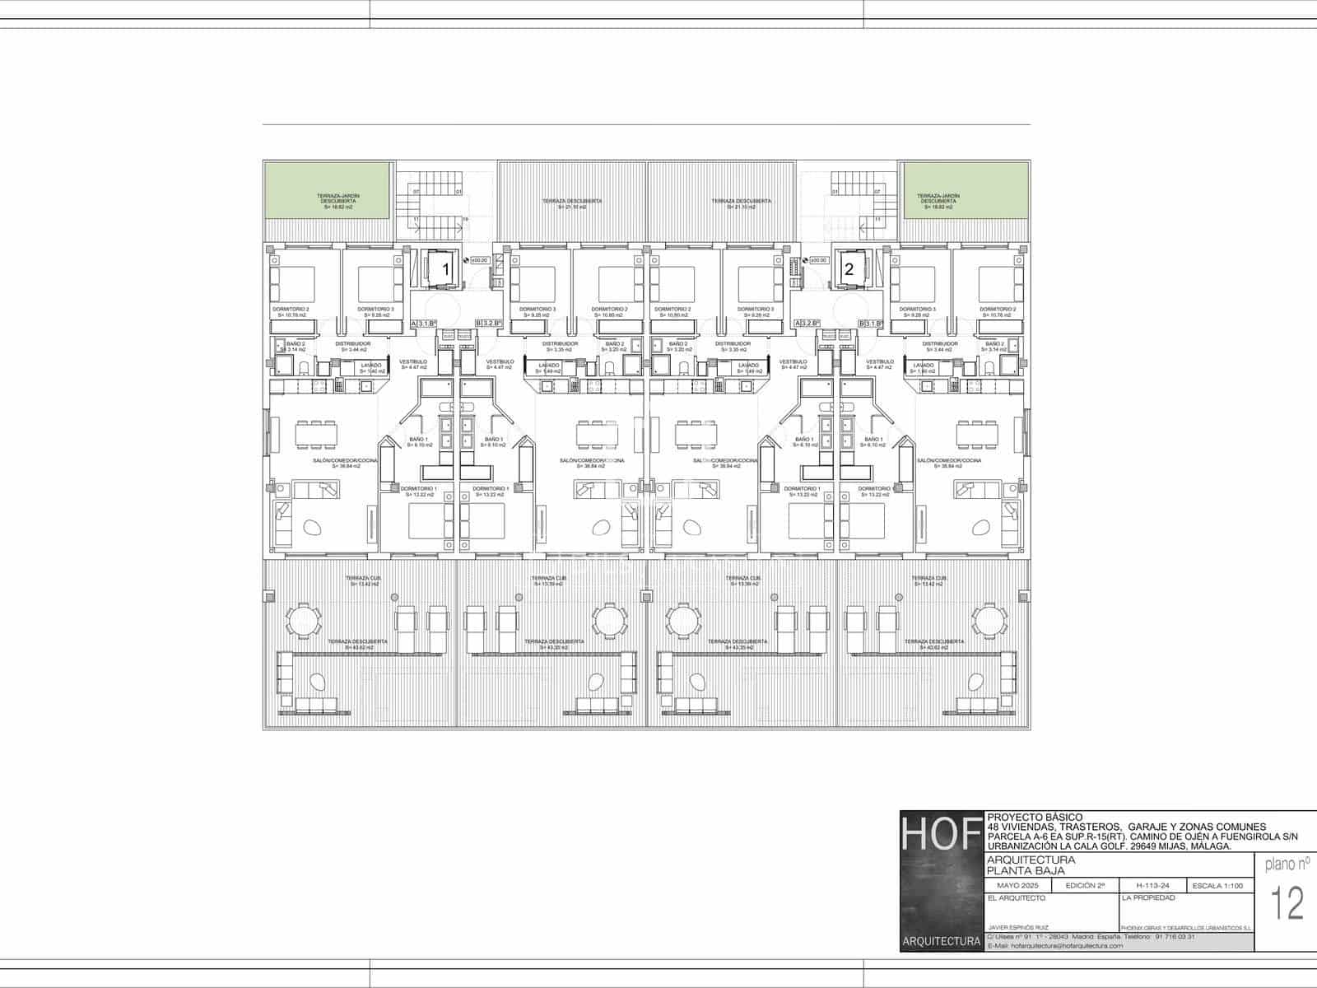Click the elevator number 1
coord(446,268)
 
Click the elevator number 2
coord(849,268)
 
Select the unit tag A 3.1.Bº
coord(424,324)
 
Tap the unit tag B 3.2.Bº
coord(489,324)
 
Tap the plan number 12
coord(1288,904)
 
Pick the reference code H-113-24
coord(1152,886)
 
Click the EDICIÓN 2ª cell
coord(1085,886)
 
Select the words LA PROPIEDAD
coord(1148,897)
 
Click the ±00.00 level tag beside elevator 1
coord(479,260)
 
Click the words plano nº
coord(1287,864)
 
